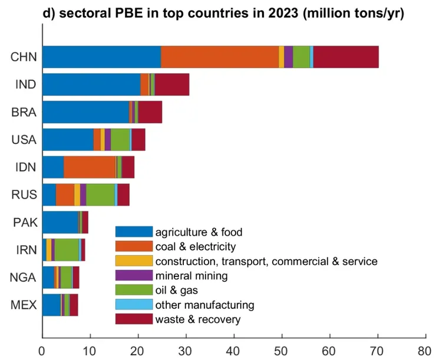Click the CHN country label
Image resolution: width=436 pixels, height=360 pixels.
[x=24, y=57]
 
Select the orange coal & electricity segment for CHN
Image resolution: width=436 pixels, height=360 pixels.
[x=219, y=57]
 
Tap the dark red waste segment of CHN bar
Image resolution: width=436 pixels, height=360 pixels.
[x=346, y=57]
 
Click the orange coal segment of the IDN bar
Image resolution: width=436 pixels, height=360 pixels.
[x=89, y=167]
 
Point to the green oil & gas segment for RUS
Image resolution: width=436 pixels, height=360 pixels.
[x=100, y=194]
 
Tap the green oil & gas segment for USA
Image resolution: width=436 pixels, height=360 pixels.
[x=120, y=140]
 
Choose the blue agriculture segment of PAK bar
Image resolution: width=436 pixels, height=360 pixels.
[x=60, y=222]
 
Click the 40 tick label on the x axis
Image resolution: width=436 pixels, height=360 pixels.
[x=234, y=351]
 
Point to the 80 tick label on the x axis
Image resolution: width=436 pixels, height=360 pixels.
[x=425, y=351]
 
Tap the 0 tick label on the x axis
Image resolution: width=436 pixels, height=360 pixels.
[x=42, y=351]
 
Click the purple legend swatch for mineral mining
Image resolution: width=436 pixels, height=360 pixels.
[x=133, y=276]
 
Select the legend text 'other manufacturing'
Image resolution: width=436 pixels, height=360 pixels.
[x=204, y=305]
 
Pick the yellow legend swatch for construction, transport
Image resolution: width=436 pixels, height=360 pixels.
[x=133, y=261]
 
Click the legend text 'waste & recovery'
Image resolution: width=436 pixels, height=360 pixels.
[x=197, y=319]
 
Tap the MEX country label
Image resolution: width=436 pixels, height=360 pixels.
[x=24, y=305]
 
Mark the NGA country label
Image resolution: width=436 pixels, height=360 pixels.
[x=24, y=278]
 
